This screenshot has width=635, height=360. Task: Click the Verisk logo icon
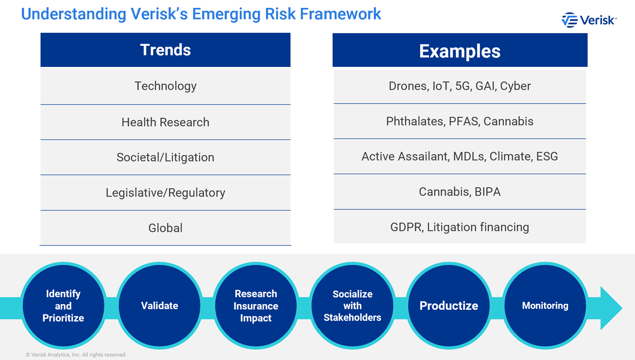(x=569, y=20)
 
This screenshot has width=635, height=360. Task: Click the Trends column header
(x=165, y=50)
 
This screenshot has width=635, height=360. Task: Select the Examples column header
(x=459, y=51)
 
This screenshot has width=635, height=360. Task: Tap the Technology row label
(x=165, y=86)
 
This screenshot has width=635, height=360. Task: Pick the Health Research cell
(x=165, y=122)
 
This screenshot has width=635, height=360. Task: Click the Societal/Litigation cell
(x=165, y=157)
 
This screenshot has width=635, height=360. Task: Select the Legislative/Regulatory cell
(x=165, y=193)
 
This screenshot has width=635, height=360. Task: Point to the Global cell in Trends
(x=165, y=228)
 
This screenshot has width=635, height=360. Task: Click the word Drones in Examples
(x=407, y=86)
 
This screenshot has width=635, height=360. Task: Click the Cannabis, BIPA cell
(x=459, y=192)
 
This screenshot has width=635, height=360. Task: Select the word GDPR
(x=406, y=227)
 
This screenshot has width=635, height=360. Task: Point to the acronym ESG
(x=547, y=156)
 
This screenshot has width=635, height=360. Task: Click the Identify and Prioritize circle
(x=63, y=306)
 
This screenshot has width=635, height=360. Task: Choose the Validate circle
(x=160, y=306)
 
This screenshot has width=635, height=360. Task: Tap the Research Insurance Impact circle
(x=256, y=306)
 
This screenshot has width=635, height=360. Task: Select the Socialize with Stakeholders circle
(x=352, y=306)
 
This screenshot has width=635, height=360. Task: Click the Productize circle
(x=448, y=306)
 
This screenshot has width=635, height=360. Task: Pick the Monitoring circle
(x=545, y=306)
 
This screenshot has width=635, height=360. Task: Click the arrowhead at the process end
(x=610, y=308)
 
